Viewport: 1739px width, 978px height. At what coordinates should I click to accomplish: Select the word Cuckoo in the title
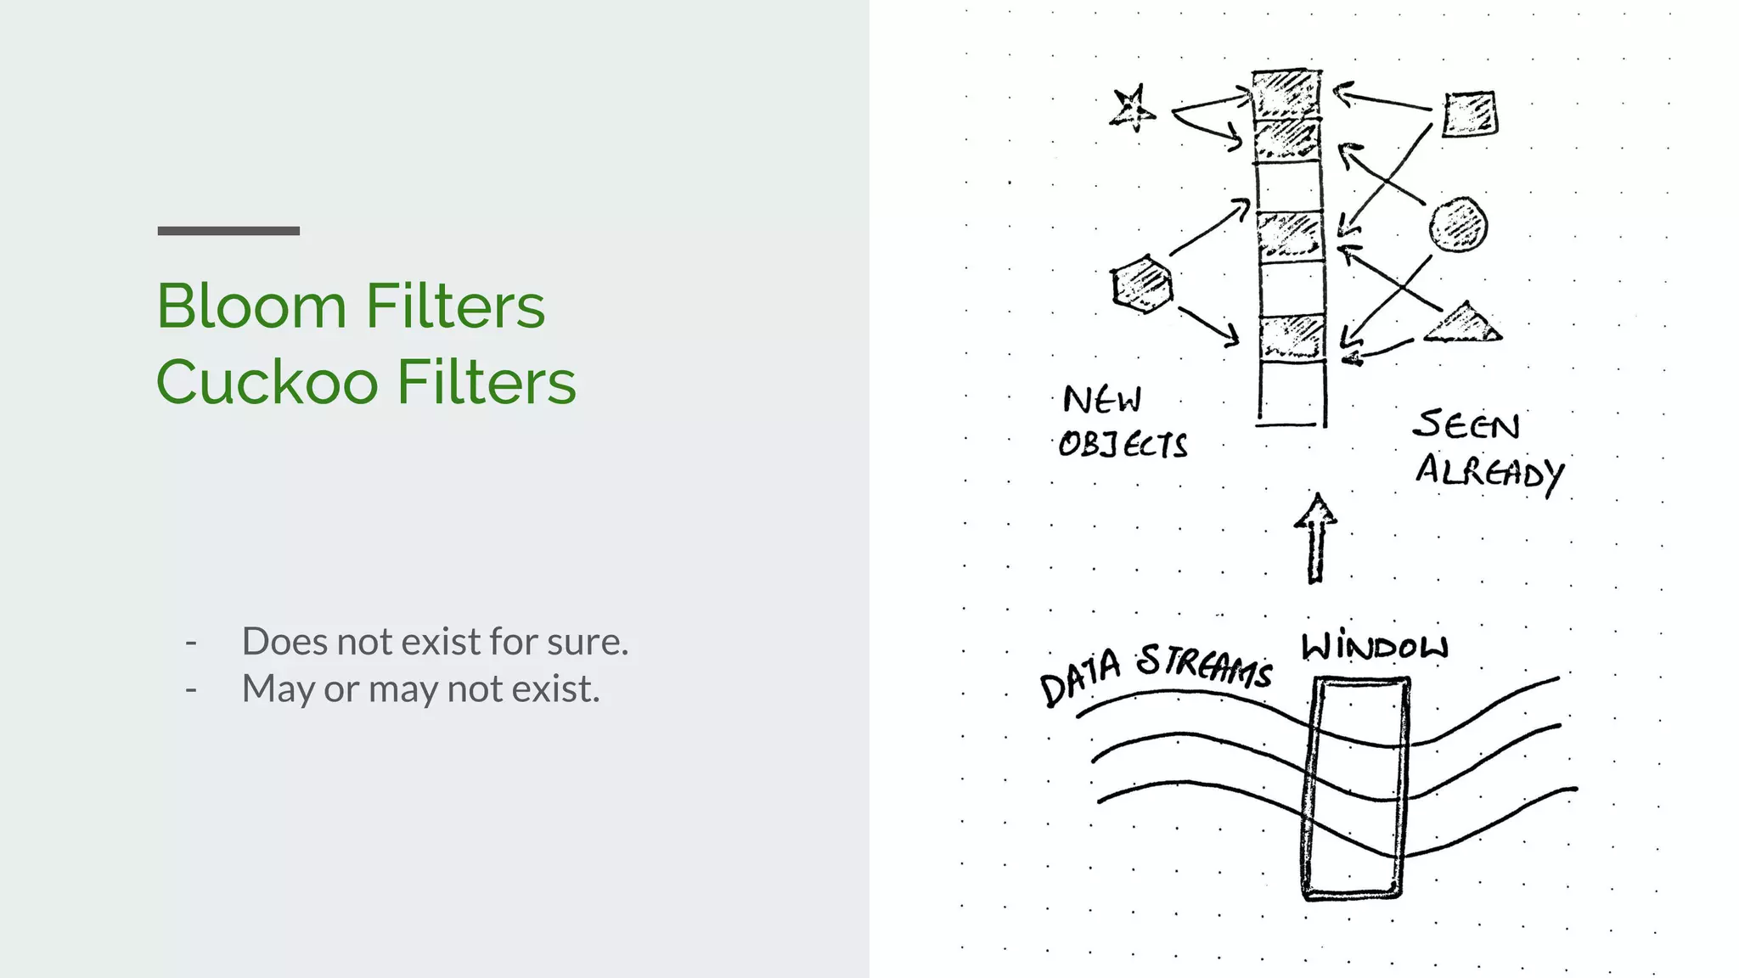point(267,382)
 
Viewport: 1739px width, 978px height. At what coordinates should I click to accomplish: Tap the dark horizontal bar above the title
point(228,231)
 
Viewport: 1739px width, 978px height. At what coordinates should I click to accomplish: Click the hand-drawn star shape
point(1132,109)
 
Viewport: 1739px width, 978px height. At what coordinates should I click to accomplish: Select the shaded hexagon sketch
point(1143,284)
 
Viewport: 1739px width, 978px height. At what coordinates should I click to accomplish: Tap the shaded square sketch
point(1470,114)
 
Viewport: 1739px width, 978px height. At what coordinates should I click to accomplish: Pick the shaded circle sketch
point(1458,225)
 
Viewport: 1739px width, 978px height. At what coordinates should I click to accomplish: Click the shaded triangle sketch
point(1463,323)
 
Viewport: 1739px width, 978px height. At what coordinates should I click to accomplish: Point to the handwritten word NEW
point(1102,399)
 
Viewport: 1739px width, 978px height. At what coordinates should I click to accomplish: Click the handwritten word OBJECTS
point(1123,444)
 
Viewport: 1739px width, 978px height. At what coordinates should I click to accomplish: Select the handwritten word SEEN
point(1466,424)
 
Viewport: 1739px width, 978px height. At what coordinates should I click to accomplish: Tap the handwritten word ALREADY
point(1489,472)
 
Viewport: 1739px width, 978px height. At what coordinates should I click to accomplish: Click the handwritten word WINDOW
point(1375,647)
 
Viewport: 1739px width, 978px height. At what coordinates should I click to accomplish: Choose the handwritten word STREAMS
point(1205,666)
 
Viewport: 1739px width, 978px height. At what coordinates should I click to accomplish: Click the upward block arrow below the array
point(1315,538)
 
